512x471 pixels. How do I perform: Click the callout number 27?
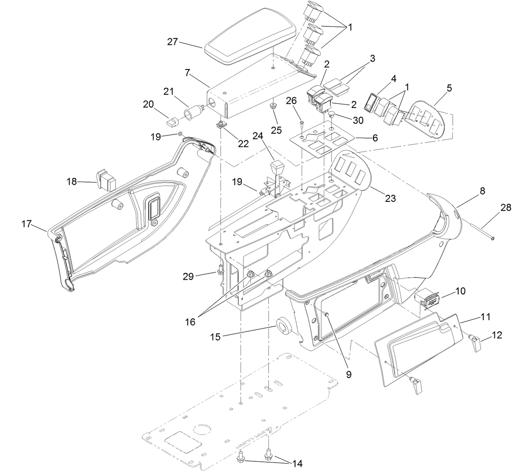(x=172, y=42)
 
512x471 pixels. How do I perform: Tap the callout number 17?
(x=26, y=224)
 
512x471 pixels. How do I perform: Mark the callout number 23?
(x=390, y=198)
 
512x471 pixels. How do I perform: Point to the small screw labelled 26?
(x=302, y=122)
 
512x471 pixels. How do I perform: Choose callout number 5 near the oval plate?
(x=449, y=88)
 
